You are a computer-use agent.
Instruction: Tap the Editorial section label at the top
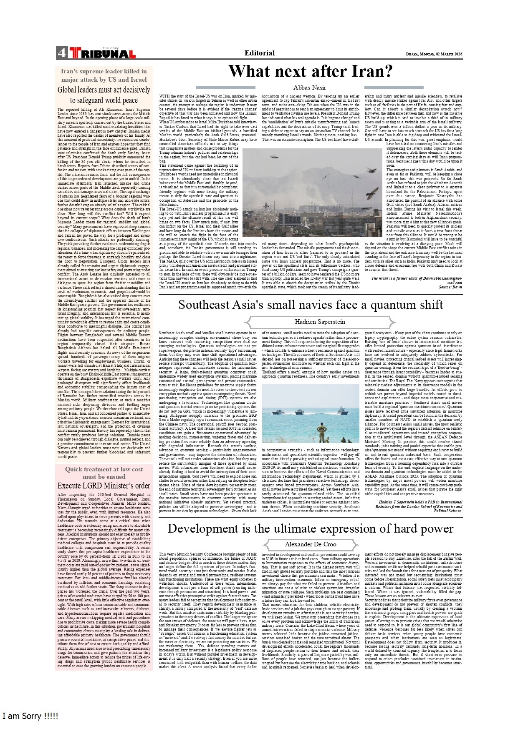(x=259, y=53)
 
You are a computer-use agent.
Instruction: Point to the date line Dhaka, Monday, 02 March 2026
(x=434, y=54)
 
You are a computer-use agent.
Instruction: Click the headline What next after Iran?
(x=311, y=71)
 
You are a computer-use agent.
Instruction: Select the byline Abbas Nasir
(x=310, y=88)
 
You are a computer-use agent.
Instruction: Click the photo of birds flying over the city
(x=312, y=193)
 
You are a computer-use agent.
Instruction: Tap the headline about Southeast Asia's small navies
(x=311, y=305)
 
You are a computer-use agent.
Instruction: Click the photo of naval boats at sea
(x=311, y=413)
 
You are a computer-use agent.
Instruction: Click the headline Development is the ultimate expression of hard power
(x=311, y=528)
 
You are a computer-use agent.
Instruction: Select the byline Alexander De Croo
(x=311, y=544)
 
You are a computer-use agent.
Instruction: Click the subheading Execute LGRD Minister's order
(x=104, y=486)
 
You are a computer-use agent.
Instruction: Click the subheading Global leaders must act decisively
(x=104, y=95)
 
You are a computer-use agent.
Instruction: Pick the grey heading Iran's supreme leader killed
(x=104, y=75)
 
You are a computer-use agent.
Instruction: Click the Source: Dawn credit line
(x=450, y=287)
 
